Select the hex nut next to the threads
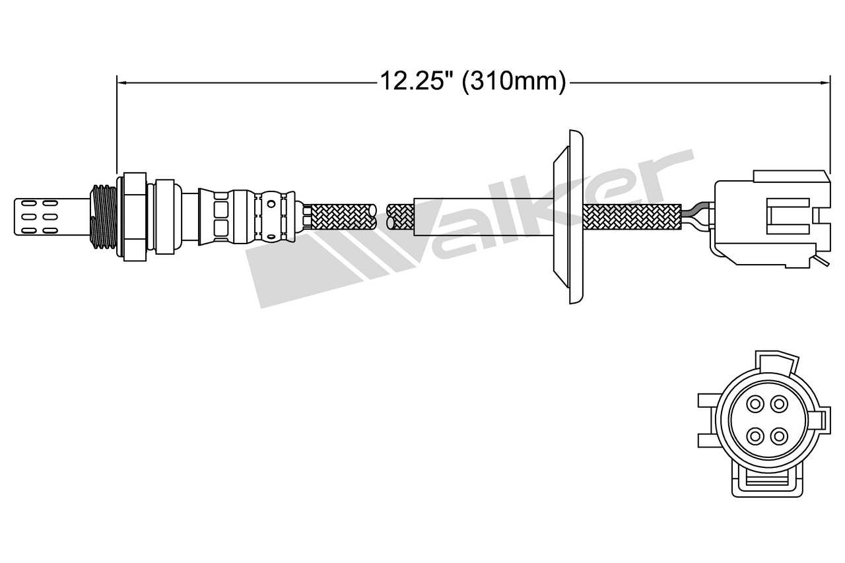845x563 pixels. point(132,215)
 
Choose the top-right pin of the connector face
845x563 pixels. point(780,403)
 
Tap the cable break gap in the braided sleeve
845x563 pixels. point(381,216)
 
